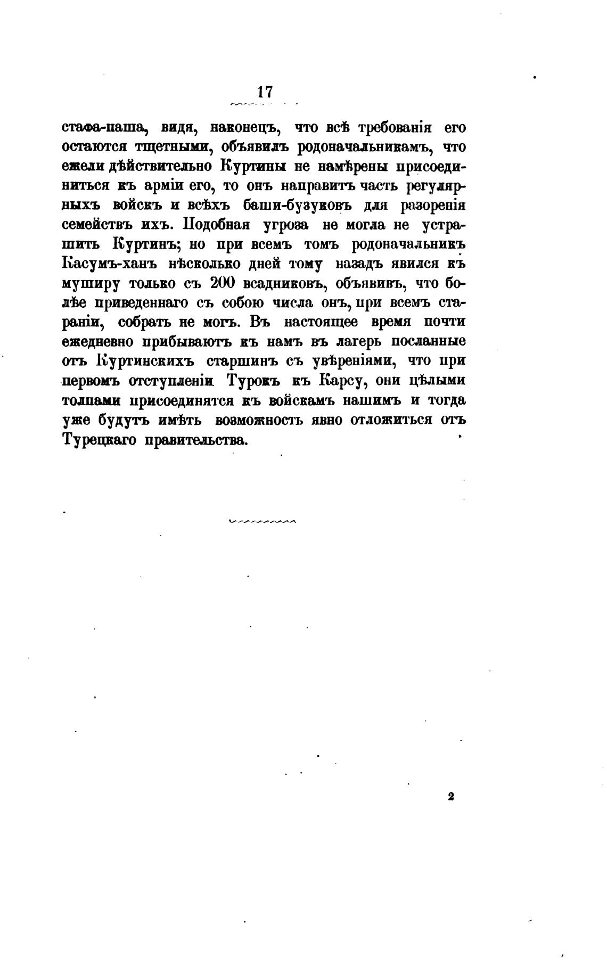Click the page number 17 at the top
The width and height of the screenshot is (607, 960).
click(x=265, y=92)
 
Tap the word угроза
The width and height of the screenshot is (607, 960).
click(x=286, y=225)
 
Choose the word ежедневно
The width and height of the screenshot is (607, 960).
click(x=97, y=341)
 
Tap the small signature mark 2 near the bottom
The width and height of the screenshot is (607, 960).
click(x=450, y=797)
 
